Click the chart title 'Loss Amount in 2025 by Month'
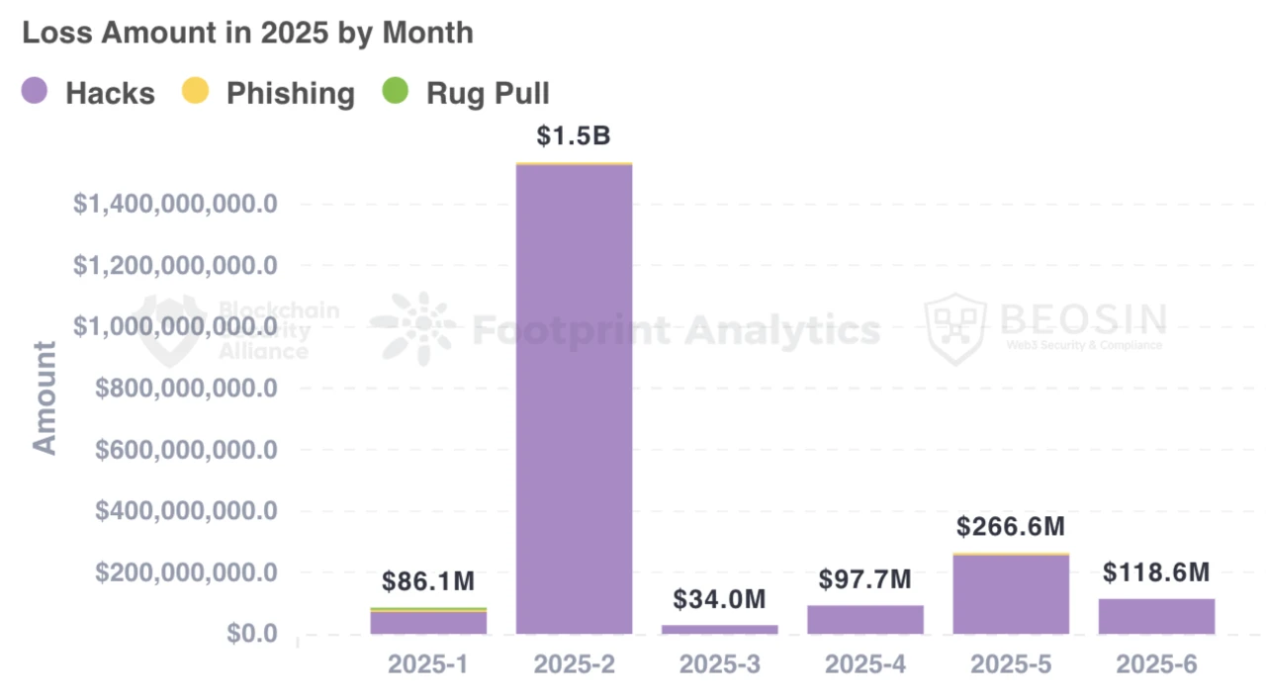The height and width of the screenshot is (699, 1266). click(247, 33)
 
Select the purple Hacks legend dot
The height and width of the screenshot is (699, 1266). click(34, 92)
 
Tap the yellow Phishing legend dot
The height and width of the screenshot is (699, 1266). click(195, 92)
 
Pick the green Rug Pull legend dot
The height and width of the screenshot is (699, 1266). click(395, 92)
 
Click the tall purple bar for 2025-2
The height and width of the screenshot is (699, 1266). click(574, 395)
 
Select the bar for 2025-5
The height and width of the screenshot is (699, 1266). click(1011, 593)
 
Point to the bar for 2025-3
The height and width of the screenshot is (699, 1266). click(719, 629)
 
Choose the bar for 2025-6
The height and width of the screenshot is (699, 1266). click(1156, 616)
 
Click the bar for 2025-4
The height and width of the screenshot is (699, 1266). click(865, 619)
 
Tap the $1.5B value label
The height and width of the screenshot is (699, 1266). click(574, 135)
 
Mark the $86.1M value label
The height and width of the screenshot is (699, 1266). click(428, 581)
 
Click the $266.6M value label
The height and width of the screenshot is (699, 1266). click(1011, 526)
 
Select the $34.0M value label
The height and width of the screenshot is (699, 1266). click(719, 599)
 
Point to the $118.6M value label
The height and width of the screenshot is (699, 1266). click(1156, 572)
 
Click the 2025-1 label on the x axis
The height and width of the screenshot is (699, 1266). click(428, 664)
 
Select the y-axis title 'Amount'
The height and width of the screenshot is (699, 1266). click(45, 397)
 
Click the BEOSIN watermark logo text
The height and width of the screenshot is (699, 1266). click(1082, 318)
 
